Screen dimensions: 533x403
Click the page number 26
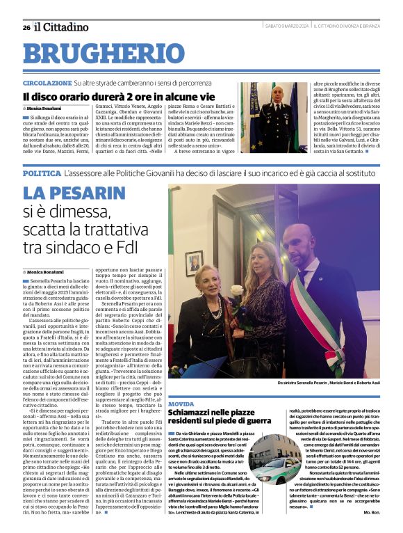tap(26, 27)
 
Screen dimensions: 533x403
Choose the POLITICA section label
tap(41, 173)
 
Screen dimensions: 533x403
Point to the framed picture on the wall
tap(194, 263)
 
